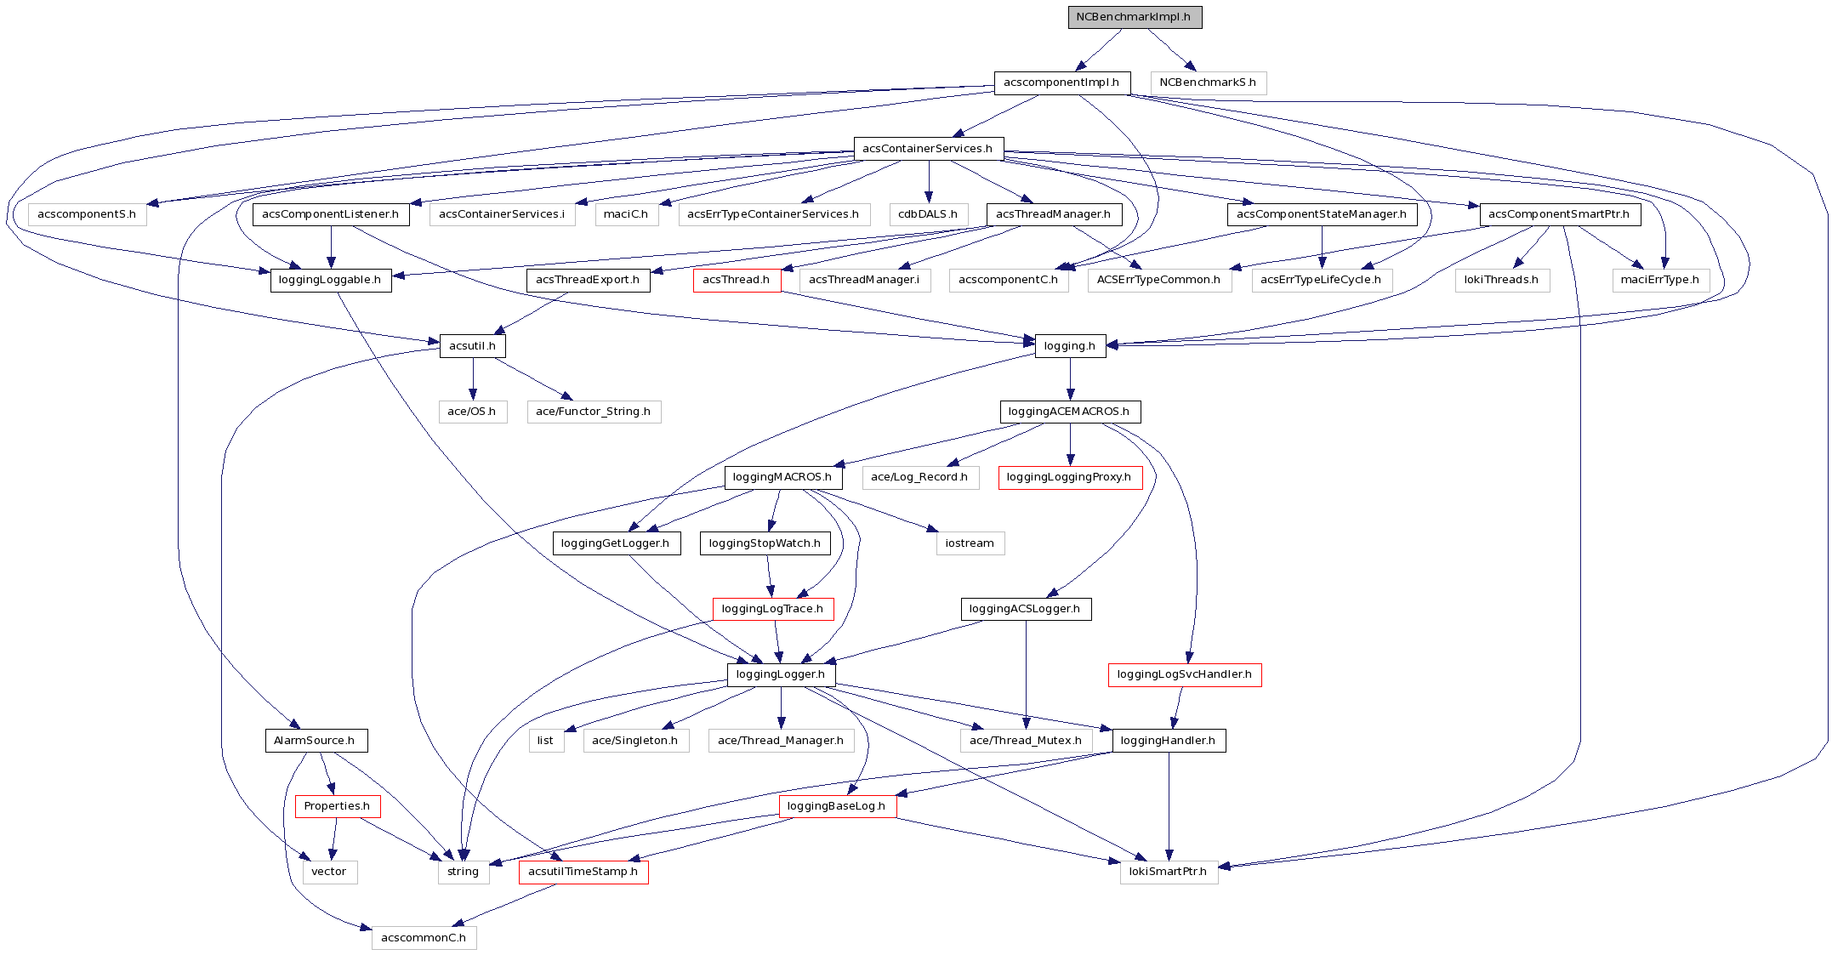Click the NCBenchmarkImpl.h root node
tap(1135, 17)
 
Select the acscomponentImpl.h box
tap(1061, 82)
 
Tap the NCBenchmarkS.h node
tap(1208, 82)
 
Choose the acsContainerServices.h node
tap(928, 149)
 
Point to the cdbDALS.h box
tap(928, 214)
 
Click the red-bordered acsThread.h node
tap(737, 280)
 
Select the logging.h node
tap(1070, 346)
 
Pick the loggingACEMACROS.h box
tap(1069, 412)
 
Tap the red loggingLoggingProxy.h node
tap(1069, 477)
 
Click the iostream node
tap(970, 543)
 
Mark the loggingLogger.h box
tap(781, 674)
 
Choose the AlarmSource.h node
tap(315, 741)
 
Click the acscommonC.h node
tap(424, 938)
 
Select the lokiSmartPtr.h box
tap(1168, 872)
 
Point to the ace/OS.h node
tap(472, 412)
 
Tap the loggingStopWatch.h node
tap(765, 543)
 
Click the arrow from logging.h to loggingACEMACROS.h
tap(1070, 378)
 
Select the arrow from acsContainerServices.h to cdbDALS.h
tap(929, 181)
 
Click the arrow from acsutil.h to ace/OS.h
tap(473, 378)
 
